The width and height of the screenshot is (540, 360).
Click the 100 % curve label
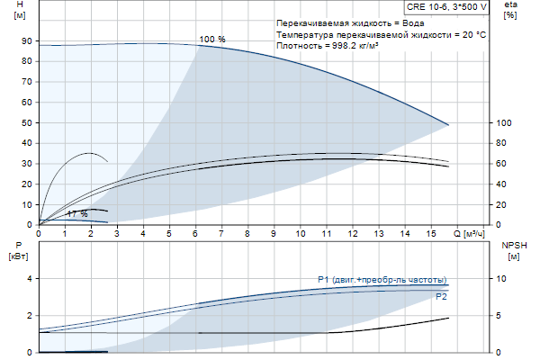click(212, 39)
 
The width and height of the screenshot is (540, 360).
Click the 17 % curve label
click(77, 214)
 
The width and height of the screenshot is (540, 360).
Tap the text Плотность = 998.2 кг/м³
click(327, 45)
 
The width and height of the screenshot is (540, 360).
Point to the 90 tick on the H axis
click(27, 41)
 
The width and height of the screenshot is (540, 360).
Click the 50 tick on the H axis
click(27, 123)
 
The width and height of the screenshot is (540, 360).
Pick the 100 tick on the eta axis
click(505, 123)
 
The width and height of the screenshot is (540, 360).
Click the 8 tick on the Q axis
click(247, 233)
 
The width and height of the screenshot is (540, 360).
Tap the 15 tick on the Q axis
click(430, 233)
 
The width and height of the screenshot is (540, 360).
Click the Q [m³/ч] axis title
click(474, 233)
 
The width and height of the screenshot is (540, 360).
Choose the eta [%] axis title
click(510, 10)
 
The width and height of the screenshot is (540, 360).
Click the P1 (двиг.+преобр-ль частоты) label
click(382, 279)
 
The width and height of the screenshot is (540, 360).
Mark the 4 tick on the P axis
click(29, 279)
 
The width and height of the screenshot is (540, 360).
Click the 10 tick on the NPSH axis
click(502, 279)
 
